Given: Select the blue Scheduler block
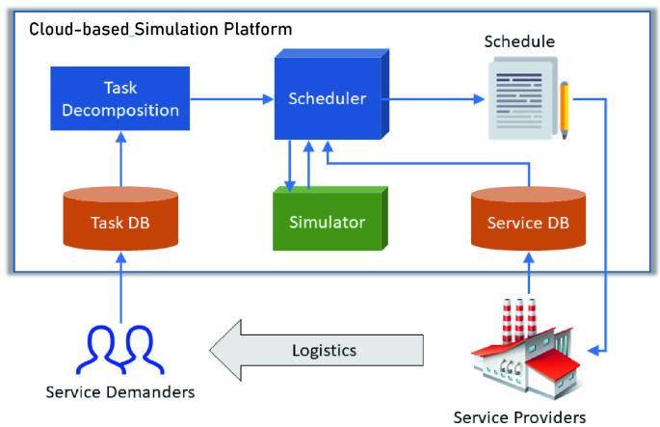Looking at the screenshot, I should [x=327, y=98].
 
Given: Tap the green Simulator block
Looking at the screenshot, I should [x=328, y=222].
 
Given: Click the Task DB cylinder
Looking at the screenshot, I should [x=121, y=223].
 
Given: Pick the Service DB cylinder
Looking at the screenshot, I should [x=528, y=223].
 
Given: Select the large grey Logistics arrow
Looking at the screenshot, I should [x=318, y=349].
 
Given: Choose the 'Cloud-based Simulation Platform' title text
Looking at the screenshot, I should [x=160, y=29].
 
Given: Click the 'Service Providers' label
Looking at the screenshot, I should [x=519, y=416].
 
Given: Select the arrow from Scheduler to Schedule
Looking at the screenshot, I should [x=434, y=98].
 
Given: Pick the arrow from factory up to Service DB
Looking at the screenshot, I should [x=528, y=275].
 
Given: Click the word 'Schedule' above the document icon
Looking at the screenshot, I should [x=520, y=42].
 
